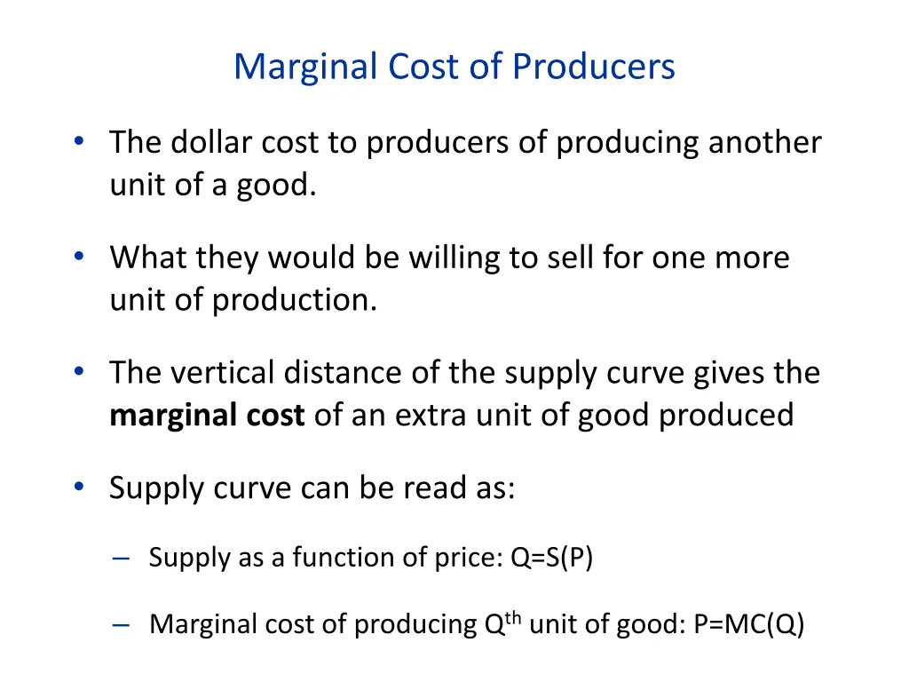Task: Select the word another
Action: (x=764, y=143)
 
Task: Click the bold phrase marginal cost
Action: (x=207, y=415)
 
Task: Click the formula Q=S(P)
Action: (x=551, y=558)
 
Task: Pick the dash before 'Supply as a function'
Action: (x=123, y=559)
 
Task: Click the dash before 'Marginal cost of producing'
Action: (x=123, y=625)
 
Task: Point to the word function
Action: (x=334, y=558)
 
